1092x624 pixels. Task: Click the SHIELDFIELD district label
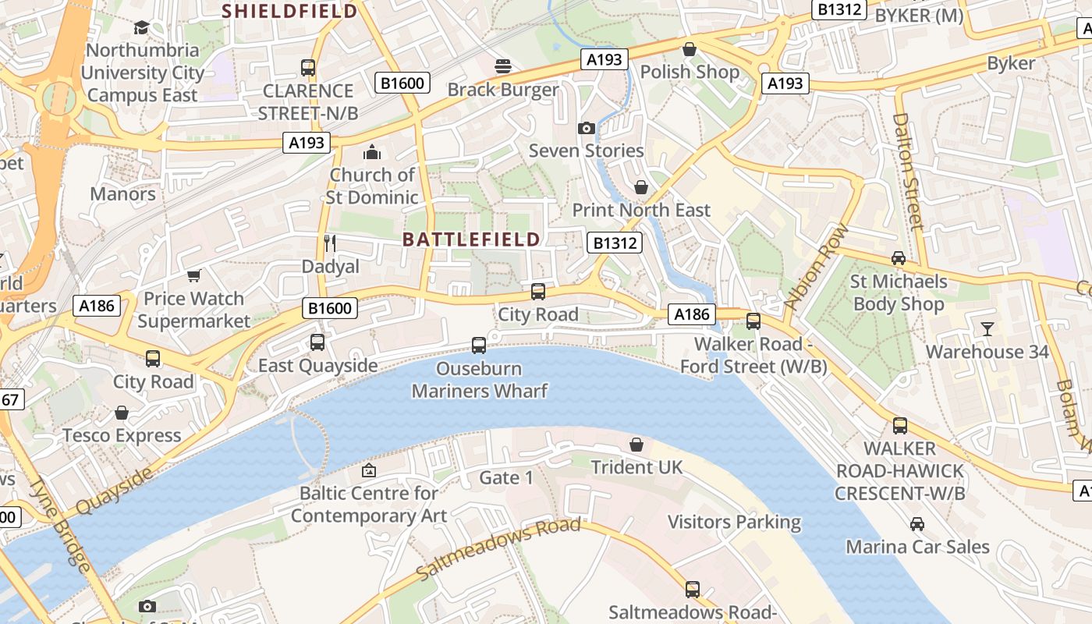pos(290,11)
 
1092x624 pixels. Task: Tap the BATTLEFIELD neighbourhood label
pos(471,239)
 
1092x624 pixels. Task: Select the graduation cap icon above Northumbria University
pos(141,28)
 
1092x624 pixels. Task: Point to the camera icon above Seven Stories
pos(587,128)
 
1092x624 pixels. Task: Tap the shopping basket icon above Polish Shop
pos(690,49)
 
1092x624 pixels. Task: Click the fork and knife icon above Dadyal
pos(330,243)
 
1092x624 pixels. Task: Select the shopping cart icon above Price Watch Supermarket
pos(194,275)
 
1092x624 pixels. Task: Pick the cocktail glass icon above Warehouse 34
pos(987,328)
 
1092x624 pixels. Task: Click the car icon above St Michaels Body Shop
pos(899,258)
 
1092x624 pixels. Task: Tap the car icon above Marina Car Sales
pos(917,523)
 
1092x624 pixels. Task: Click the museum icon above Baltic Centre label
pos(369,470)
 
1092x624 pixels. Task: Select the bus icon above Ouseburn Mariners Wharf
pos(479,345)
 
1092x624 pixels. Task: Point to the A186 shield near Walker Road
pos(691,314)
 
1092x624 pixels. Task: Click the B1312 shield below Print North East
pos(614,243)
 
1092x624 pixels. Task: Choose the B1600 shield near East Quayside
pos(331,309)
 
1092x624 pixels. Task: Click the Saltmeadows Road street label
pos(499,549)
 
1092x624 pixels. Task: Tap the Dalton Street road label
pos(908,172)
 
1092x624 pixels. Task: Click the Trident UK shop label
pos(636,467)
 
